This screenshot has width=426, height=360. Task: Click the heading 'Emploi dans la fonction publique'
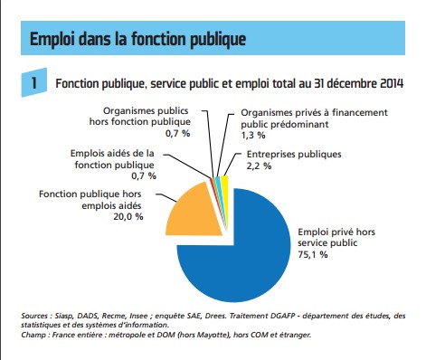click(x=137, y=40)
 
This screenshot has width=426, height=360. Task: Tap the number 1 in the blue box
click(x=33, y=83)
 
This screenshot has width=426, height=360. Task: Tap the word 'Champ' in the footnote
click(x=35, y=335)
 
